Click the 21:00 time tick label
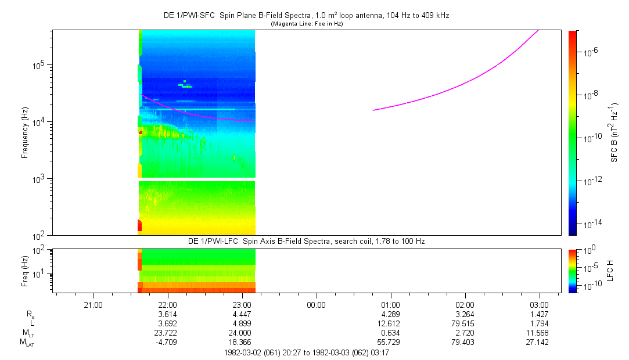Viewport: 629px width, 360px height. [93, 304]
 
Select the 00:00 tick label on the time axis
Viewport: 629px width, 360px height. [316, 304]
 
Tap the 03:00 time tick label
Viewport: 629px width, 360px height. [539, 304]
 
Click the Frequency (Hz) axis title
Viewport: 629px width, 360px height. [25, 133]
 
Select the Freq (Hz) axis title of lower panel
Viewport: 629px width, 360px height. [25, 271]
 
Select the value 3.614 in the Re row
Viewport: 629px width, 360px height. [167, 314]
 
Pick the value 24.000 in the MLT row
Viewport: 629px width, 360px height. [242, 333]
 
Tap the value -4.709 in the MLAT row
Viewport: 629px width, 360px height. [167, 342]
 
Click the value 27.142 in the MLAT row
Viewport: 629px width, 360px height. [539, 342]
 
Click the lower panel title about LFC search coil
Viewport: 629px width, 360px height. [306, 241]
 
